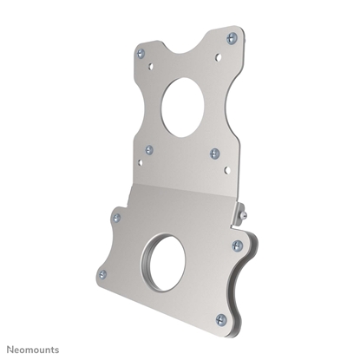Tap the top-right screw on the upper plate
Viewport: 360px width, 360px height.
coord(232,37)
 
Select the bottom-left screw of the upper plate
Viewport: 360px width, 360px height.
coord(149,149)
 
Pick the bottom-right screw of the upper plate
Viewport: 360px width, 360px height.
coord(216,154)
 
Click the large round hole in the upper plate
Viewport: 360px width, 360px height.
coord(182,107)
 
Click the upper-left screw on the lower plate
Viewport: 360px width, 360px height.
coord(115,218)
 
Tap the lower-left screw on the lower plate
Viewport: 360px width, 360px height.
coord(102,273)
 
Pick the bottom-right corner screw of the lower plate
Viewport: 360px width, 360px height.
coord(219,318)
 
